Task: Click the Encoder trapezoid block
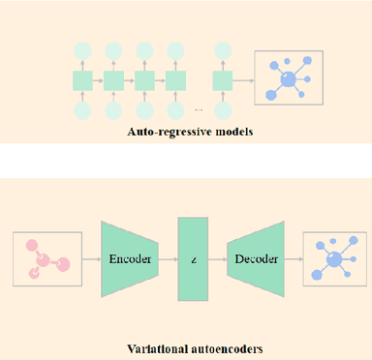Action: click(x=128, y=260)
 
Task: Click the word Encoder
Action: click(x=129, y=260)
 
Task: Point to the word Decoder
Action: click(x=254, y=260)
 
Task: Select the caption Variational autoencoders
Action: click(x=185, y=347)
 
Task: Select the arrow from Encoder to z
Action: click(x=167, y=260)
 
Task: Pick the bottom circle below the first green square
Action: click(x=81, y=108)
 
